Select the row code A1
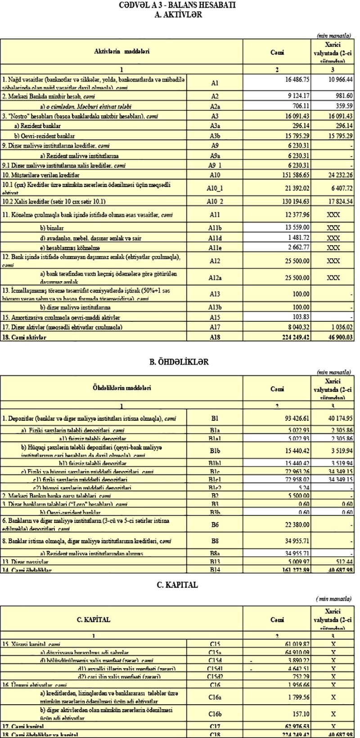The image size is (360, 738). tap(214, 83)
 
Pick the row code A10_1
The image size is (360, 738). tap(214, 187)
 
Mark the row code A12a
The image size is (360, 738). tap(214, 278)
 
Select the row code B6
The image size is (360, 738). tap(214, 524)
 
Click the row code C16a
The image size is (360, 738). tap(214, 697)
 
